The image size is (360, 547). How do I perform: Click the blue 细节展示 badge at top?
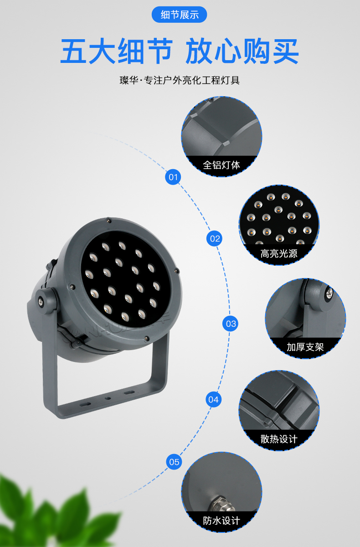pyautogui.click(x=179, y=15)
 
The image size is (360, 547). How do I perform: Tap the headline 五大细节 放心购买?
pyautogui.click(x=180, y=51)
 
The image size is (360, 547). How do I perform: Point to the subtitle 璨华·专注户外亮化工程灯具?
pyautogui.click(x=180, y=80)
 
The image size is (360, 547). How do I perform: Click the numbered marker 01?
pyautogui.click(x=173, y=177)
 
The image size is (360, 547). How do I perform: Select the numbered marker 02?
pyautogui.click(x=215, y=238)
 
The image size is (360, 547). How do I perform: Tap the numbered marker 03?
pyautogui.click(x=231, y=324)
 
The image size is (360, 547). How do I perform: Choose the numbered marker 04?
pyautogui.click(x=213, y=399)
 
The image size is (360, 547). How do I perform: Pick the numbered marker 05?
pyautogui.click(x=174, y=462)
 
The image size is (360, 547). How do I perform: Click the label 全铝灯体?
pyautogui.click(x=221, y=165)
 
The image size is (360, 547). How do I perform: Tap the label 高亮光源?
pyautogui.click(x=279, y=253)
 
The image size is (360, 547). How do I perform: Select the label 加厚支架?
pyautogui.click(x=305, y=347)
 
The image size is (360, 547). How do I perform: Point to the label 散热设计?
pyautogui.click(x=279, y=439)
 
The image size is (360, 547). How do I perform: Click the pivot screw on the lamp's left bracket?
pyautogui.click(x=40, y=302)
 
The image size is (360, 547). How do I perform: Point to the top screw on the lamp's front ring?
pyautogui.click(x=109, y=221)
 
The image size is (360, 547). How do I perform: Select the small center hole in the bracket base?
pyautogui.click(x=108, y=398)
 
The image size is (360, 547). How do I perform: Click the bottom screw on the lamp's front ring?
pyautogui.click(x=146, y=338)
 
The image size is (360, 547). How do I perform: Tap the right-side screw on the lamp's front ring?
pyautogui.click(x=177, y=270)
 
